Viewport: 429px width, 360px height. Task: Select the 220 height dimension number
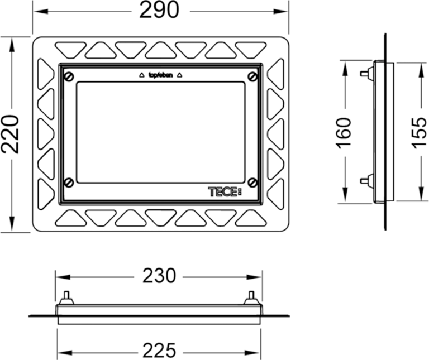11,135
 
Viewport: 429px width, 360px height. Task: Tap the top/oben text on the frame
160,74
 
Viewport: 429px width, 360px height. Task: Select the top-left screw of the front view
69,76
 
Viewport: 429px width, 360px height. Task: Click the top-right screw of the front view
252,76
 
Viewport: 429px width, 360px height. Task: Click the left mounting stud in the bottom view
66,297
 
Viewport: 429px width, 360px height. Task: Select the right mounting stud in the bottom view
251,297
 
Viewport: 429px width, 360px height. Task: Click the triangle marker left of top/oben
141,75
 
